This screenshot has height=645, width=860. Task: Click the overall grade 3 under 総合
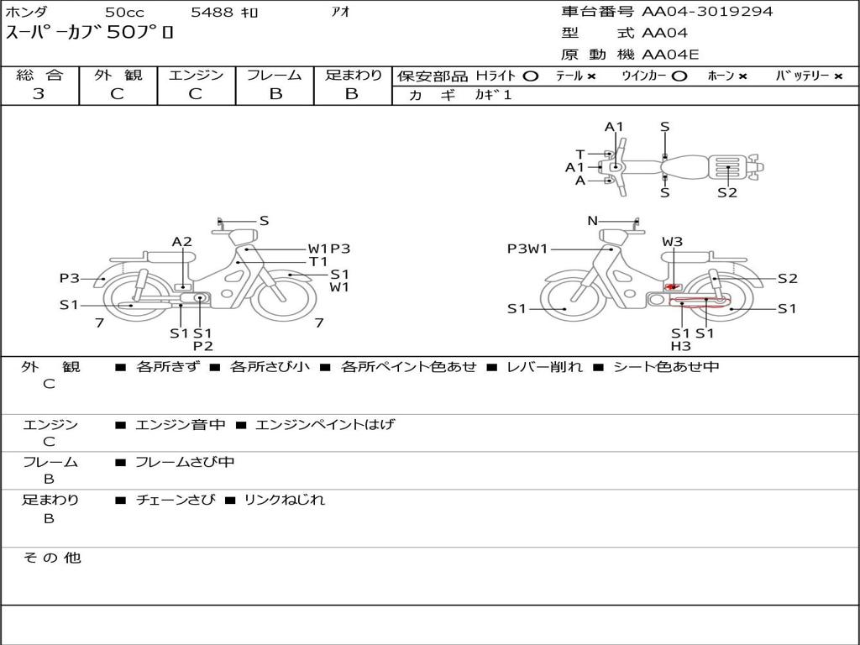[39, 94]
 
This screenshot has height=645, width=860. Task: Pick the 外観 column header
[118, 76]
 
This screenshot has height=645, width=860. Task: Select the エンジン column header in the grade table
[196, 76]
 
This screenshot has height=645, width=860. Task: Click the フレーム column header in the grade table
[275, 76]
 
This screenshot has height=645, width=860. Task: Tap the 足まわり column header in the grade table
[354, 76]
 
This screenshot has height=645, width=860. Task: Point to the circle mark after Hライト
[530, 76]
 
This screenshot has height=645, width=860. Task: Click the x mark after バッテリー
[837, 76]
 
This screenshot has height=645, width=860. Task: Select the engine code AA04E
[671, 55]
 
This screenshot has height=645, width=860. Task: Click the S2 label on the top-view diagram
[727, 193]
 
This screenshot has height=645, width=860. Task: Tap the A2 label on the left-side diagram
[182, 242]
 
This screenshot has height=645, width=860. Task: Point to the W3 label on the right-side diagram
[672, 242]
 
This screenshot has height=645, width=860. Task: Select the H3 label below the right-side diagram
[680, 346]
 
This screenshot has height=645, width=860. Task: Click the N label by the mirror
[592, 221]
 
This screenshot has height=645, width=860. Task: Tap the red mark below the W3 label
[671, 287]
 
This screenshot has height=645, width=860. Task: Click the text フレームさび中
[185, 462]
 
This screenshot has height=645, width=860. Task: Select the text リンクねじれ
[284, 500]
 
